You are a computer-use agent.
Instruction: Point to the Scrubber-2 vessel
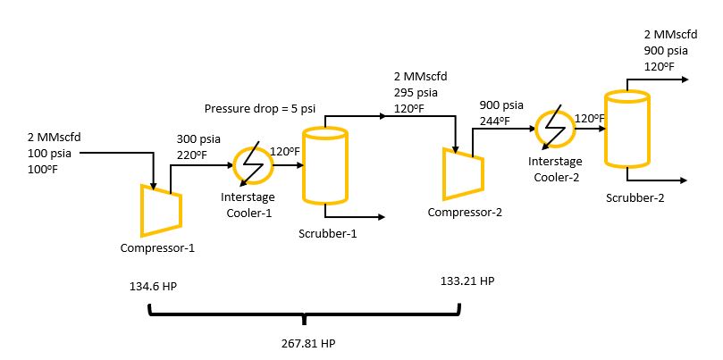click(626, 129)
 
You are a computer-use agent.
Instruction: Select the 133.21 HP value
click(467, 280)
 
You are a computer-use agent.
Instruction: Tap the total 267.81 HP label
click(306, 343)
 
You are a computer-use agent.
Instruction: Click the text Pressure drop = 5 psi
click(260, 109)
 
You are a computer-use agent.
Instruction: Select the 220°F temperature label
click(193, 155)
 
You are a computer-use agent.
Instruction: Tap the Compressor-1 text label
click(157, 248)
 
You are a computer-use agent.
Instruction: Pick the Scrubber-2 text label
click(635, 197)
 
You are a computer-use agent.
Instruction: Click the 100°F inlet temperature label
click(43, 169)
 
